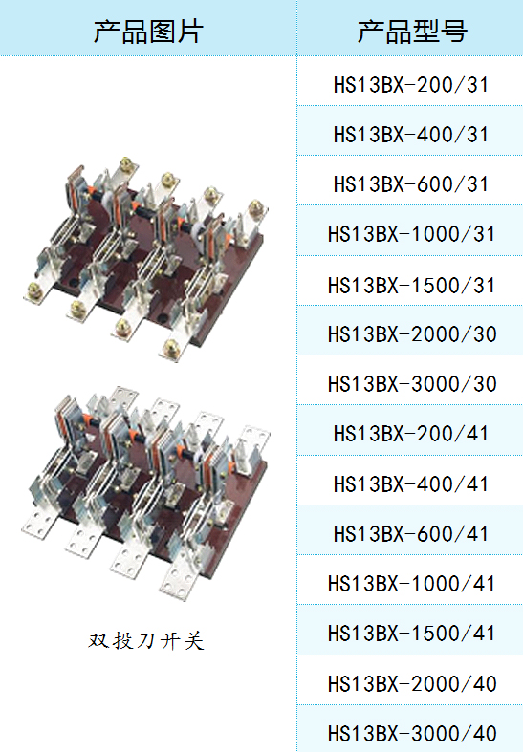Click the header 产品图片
(148, 32)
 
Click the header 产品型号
(412, 32)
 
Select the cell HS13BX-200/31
(411, 85)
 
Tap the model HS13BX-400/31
(411, 135)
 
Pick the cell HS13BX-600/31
(411, 184)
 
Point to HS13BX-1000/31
(411, 234)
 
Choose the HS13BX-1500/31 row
(411, 286)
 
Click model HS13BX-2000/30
(412, 334)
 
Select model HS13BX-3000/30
(412, 384)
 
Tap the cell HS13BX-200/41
(411, 434)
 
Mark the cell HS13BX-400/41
(411, 483)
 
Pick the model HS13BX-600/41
(411, 534)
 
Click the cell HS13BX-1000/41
(411, 584)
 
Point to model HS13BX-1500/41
(411, 634)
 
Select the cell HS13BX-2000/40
(412, 684)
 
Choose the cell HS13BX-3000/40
(412, 734)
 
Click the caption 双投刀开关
(146, 641)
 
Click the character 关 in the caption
(194, 641)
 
